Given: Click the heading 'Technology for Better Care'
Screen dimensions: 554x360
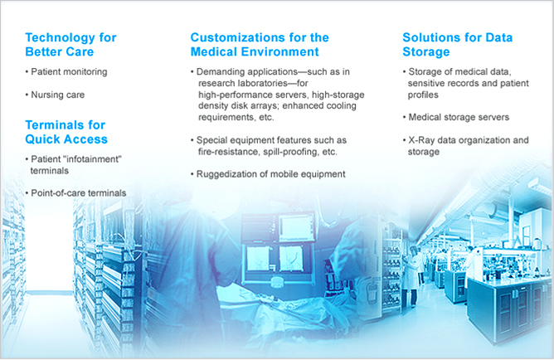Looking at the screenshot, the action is pyautogui.click(x=70, y=45).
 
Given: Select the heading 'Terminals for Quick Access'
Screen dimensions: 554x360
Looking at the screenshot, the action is pyautogui.click(x=66, y=132).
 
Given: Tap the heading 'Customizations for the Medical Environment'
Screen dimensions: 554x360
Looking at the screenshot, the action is pyautogui.click(x=260, y=45).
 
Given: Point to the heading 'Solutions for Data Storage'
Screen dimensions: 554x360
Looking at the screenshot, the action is pyautogui.click(x=458, y=45).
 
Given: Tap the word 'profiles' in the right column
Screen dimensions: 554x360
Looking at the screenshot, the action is pyautogui.click(x=423, y=95).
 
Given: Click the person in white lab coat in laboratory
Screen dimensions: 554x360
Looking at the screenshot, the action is pyautogui.click(x=411, y=276).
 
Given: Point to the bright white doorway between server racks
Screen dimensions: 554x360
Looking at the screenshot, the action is pyautogui.click(x=49, y=247).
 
